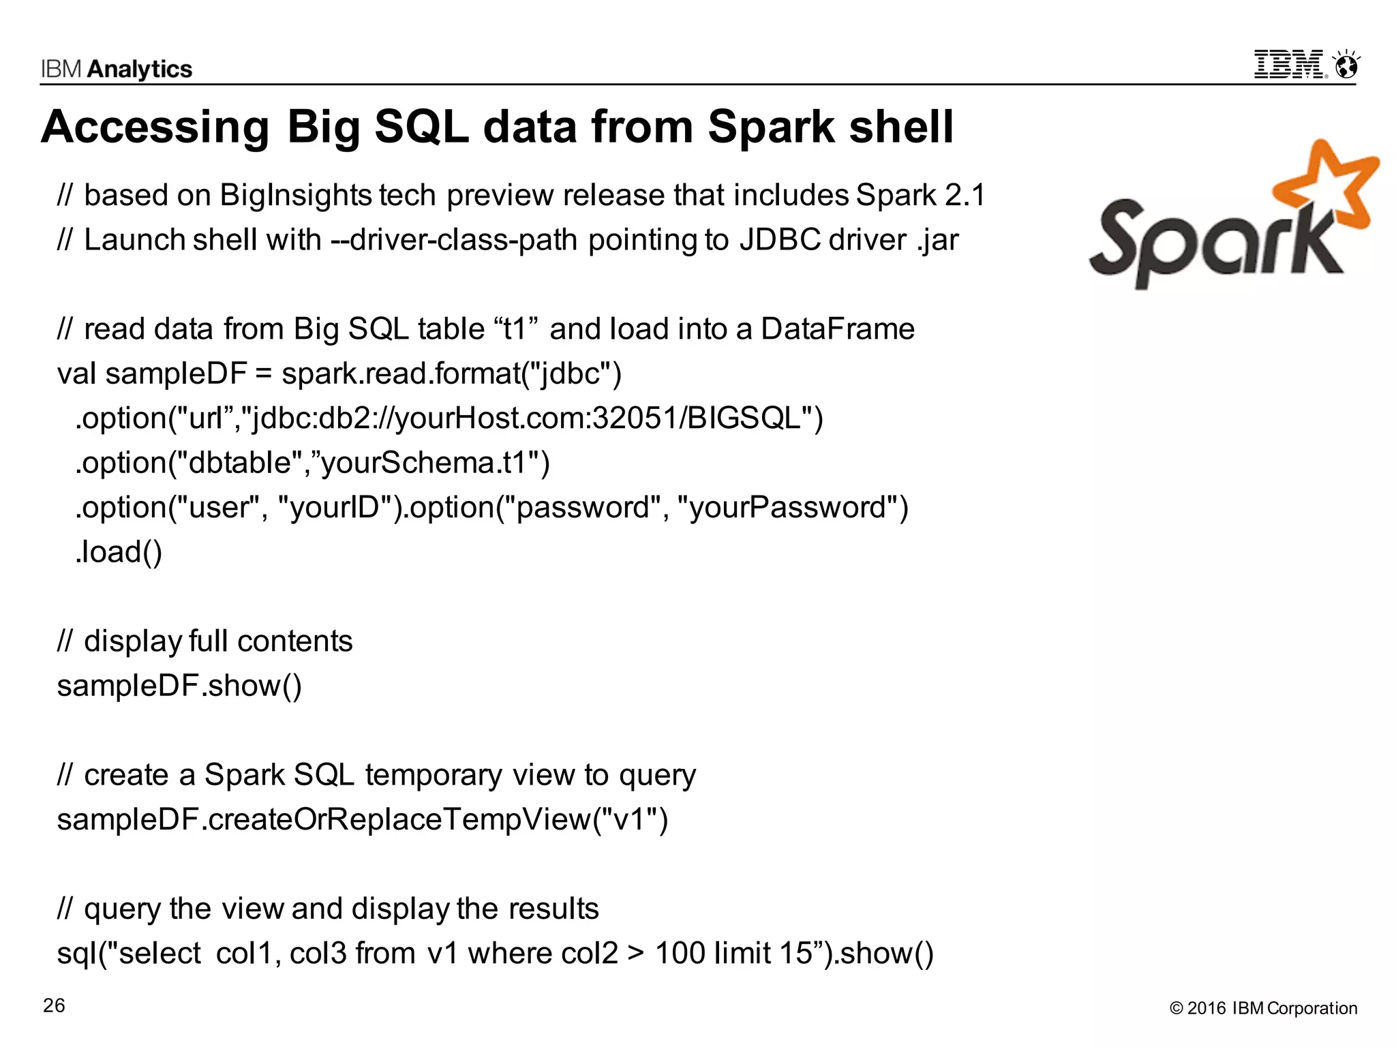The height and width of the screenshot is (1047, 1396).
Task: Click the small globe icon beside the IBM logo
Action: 1347,67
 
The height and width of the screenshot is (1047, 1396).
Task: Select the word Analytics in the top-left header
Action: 140,70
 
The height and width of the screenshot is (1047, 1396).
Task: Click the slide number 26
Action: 54,1005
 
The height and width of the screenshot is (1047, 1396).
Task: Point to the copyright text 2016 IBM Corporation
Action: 1264,1008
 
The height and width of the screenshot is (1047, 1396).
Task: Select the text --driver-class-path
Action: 454,240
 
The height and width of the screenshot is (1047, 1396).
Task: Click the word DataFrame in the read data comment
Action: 837,329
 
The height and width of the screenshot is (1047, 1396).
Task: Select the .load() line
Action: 119,552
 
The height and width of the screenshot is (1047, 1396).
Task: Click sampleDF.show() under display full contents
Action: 179,686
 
